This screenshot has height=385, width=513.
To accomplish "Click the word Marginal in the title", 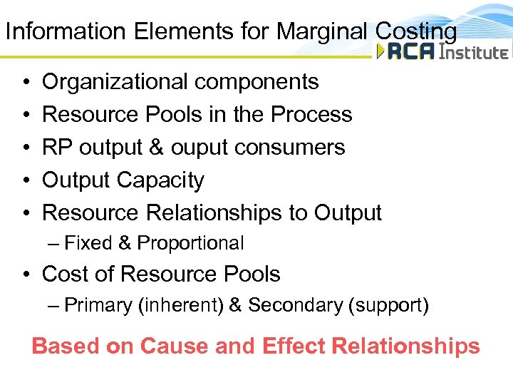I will pos(321,31).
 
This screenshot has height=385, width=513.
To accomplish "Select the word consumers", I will pos(301,148).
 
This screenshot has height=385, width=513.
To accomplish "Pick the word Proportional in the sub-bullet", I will pos(190,244).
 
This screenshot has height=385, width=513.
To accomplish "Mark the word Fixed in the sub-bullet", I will pos(88,244).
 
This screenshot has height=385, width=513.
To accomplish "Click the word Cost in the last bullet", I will pos(66,274).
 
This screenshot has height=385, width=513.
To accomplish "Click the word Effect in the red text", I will pos(292,346).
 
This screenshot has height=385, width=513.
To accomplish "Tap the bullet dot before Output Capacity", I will pos(25,181).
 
